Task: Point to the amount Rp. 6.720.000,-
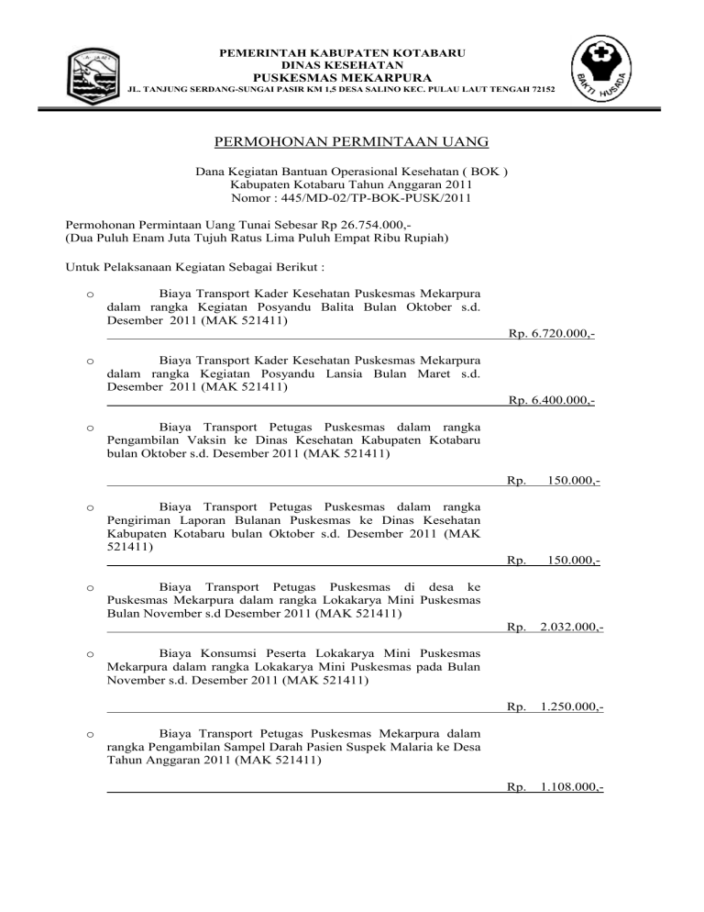point(551,335)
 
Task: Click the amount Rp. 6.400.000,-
point(551,400)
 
